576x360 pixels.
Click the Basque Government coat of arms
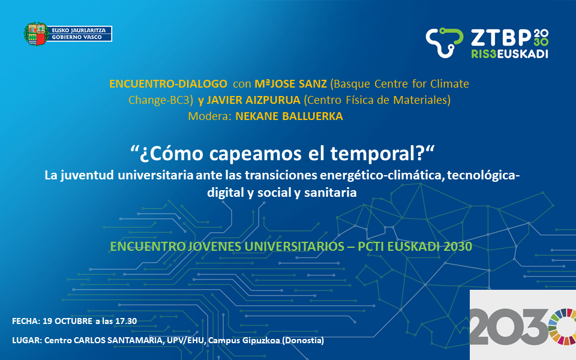(36, 34)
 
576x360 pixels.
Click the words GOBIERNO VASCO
(77, 37)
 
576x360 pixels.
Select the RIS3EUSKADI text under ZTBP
(509, 53)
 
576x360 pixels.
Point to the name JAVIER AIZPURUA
(253, 100)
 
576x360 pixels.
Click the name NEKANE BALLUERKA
(289, 116)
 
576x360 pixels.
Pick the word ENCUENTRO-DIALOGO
(168, 84)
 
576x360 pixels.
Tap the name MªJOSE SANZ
(290, 84)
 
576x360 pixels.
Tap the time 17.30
(126, 321)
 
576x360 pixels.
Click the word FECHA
(26, 321)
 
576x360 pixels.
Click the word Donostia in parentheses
(302, 341)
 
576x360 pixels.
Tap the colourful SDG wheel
(562, 326)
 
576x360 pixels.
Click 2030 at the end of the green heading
(458, 247)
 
